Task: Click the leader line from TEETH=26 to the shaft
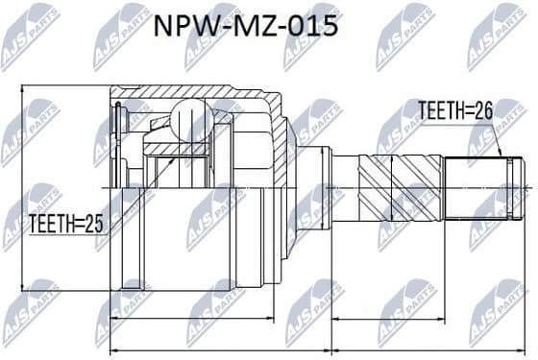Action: click(x=497, y=137)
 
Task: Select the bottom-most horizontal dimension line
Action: click(x=317, y=348)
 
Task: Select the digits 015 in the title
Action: click(x=314, y=26)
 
